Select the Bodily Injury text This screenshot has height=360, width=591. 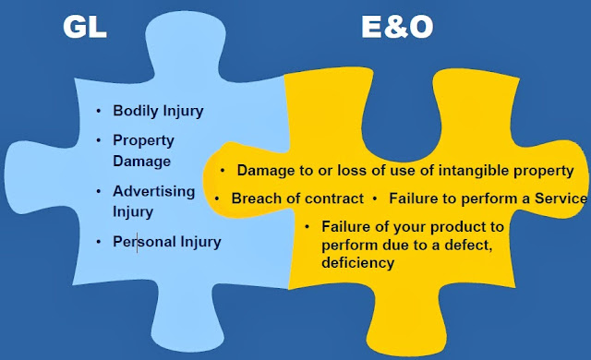(158, 112)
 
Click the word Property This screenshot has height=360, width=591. (143, 140)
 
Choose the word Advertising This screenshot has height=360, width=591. (154, 191)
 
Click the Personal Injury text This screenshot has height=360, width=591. (167, 242)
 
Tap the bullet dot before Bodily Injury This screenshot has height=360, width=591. (99, 112)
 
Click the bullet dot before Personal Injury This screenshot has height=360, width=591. (99, 242)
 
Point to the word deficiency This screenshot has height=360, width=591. (358, 263)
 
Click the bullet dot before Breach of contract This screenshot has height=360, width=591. (217, 198)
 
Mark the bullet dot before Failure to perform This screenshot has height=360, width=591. (376, 198)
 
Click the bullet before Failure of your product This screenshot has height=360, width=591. (308, 226)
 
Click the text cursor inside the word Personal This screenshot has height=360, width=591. (137, 243)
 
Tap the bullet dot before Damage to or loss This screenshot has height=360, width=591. (223, 171)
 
